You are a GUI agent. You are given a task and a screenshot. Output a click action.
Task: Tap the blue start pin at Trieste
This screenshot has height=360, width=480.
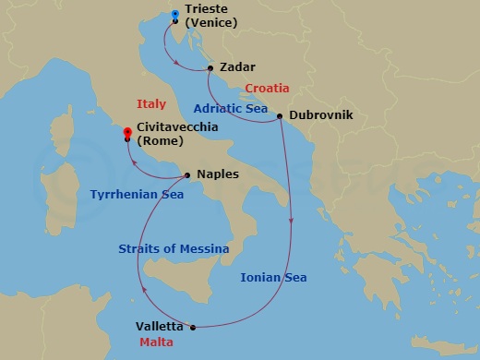[175, 15]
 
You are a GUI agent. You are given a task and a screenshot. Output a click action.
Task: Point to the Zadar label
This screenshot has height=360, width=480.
[237, 67]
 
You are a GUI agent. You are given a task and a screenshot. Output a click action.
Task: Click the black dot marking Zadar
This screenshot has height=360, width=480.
[212, 67]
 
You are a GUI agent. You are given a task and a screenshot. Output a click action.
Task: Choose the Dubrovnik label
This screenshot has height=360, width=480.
[321, 116]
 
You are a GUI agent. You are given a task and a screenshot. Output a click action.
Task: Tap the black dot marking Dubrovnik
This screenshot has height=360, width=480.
[281, 116]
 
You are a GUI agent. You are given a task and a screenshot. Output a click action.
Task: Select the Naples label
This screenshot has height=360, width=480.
[218, 174]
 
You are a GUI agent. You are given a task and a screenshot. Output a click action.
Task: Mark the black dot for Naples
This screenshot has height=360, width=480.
[187, 174]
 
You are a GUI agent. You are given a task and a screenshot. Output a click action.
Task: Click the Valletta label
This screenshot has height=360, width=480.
[161, 326]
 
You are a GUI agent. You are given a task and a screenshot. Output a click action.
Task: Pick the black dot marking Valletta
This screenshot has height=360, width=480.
[193, 327]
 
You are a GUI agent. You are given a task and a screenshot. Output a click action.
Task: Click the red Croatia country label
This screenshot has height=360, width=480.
[268, 89]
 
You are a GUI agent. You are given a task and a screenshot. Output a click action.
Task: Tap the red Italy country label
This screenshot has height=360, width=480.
[151, 103]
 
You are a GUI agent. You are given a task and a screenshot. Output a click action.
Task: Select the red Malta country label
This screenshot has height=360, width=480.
[157, 342]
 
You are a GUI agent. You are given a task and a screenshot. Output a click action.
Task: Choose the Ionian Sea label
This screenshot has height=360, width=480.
[273, 277]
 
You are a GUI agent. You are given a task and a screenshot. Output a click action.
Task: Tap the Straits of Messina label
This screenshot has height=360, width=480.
[174, 248]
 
